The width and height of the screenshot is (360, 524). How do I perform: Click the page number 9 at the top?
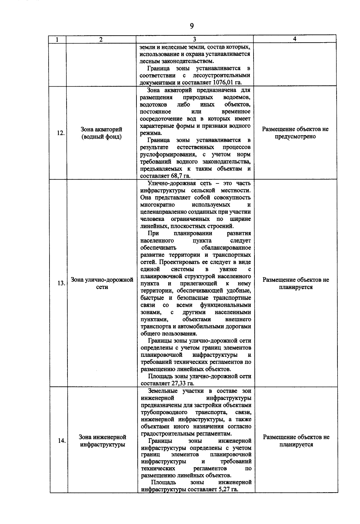coord(192,26)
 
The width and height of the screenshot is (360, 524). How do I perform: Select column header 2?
coord(101,39)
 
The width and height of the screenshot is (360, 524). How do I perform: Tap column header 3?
coord(194,39)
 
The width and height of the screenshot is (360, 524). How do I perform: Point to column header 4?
coord(295,39)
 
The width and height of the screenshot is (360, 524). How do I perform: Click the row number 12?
coord(61,133)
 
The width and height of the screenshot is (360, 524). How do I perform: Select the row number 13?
coord(61,283)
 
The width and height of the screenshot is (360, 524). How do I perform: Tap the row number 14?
coord(61,441)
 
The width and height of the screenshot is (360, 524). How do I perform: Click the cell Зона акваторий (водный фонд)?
coord(101,133)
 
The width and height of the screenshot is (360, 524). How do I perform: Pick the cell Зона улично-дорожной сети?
coord(102,283)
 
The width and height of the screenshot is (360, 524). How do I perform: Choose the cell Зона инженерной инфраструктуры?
coord(102,441)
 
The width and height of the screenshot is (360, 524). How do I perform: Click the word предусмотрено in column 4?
coord(295,137)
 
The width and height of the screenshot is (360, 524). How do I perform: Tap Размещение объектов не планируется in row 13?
coord(296,283)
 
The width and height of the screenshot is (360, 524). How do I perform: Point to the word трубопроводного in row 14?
coord(160,412)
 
